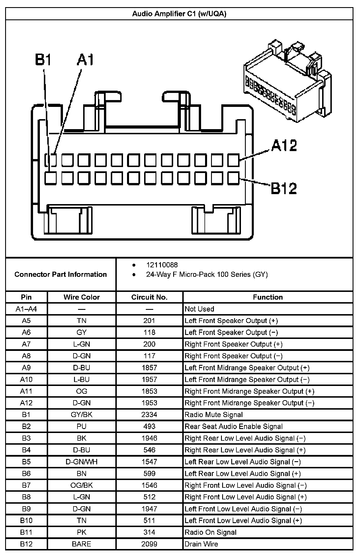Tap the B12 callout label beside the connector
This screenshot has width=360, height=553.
tap(284, 188)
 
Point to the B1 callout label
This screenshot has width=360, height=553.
tap(43, 60)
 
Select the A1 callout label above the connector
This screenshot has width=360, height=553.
tap(85, 60)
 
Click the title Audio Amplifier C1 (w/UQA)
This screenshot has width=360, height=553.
tap(179, 14)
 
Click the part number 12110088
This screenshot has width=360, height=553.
tap(162, 265)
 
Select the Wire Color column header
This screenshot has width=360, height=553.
tap(81, 297)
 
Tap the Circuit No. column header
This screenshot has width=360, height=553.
tap(149, 297)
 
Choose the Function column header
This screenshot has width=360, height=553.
tap(268, 297)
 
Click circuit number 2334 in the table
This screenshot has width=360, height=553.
tap(149, 414)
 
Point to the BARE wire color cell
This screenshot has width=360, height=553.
tap(81, 544)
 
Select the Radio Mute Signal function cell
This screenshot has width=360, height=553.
tap(214, 414)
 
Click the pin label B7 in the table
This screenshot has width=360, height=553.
tap(26, 485)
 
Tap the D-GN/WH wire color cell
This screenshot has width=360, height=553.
tap(81, 461)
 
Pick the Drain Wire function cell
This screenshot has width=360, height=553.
tap(201, 544)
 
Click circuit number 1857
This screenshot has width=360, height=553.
tap(149, 367)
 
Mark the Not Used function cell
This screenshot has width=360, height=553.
tap(199, 309)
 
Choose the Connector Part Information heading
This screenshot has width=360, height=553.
tap(61, 274)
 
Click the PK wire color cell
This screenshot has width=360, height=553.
tap(81, 532)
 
